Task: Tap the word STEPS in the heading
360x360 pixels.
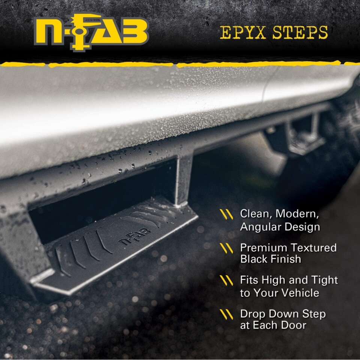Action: tap(300, 33)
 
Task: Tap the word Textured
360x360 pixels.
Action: tap(312, 248)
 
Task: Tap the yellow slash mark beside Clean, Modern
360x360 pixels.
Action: tap(226, 214)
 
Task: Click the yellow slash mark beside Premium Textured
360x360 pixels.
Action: tap(226, 248)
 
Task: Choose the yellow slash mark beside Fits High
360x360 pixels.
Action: tap(226, 280)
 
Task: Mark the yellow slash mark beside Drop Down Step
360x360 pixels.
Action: tap(226, 314)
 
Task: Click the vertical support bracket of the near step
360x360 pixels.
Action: tap(184, 180)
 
